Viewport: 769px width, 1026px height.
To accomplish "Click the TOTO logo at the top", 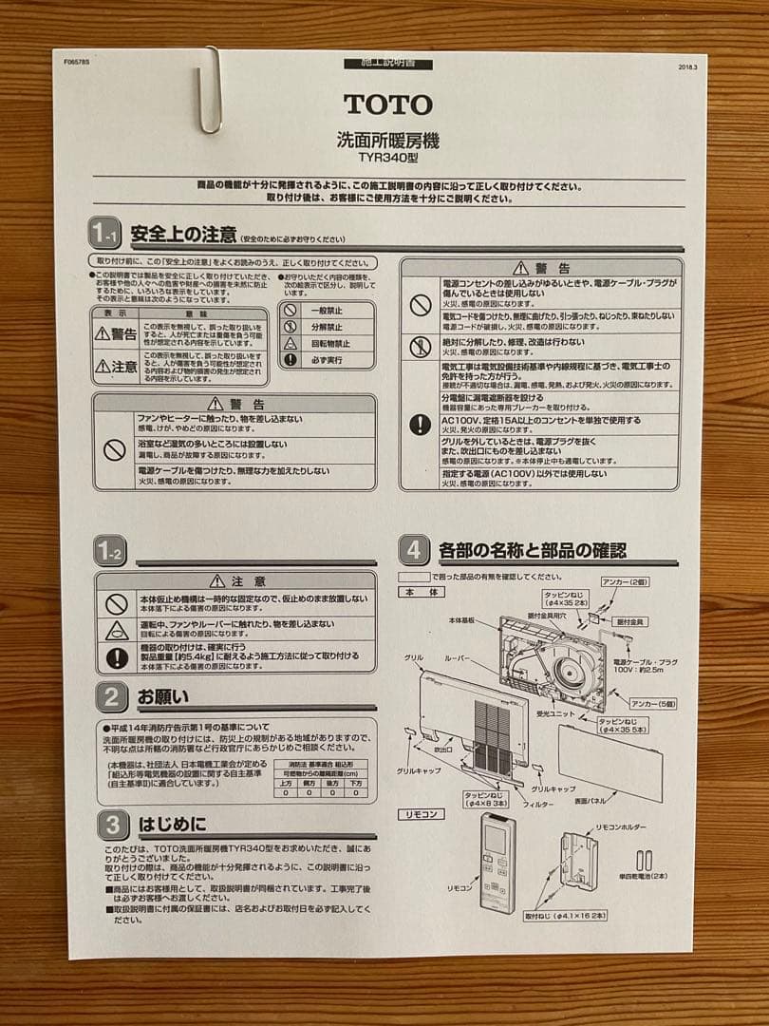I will [x=387, y=104].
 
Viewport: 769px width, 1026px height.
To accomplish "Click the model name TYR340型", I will [x=387, y=159].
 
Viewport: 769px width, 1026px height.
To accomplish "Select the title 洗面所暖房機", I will [x=387, y=140].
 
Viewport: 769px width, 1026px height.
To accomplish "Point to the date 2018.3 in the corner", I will [x=688, y=67].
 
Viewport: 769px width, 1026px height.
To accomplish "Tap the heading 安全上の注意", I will [x=171, y=233].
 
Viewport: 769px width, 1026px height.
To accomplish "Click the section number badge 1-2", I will [x=109, y=550].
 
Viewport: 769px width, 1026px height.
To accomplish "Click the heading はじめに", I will [x=171, y=823].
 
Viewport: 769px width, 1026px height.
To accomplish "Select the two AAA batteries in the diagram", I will [x=645, y=861].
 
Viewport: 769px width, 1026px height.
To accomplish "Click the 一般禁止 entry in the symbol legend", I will [x=327, y=310].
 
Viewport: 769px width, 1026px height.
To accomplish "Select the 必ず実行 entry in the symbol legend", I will [x=327, y=360].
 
